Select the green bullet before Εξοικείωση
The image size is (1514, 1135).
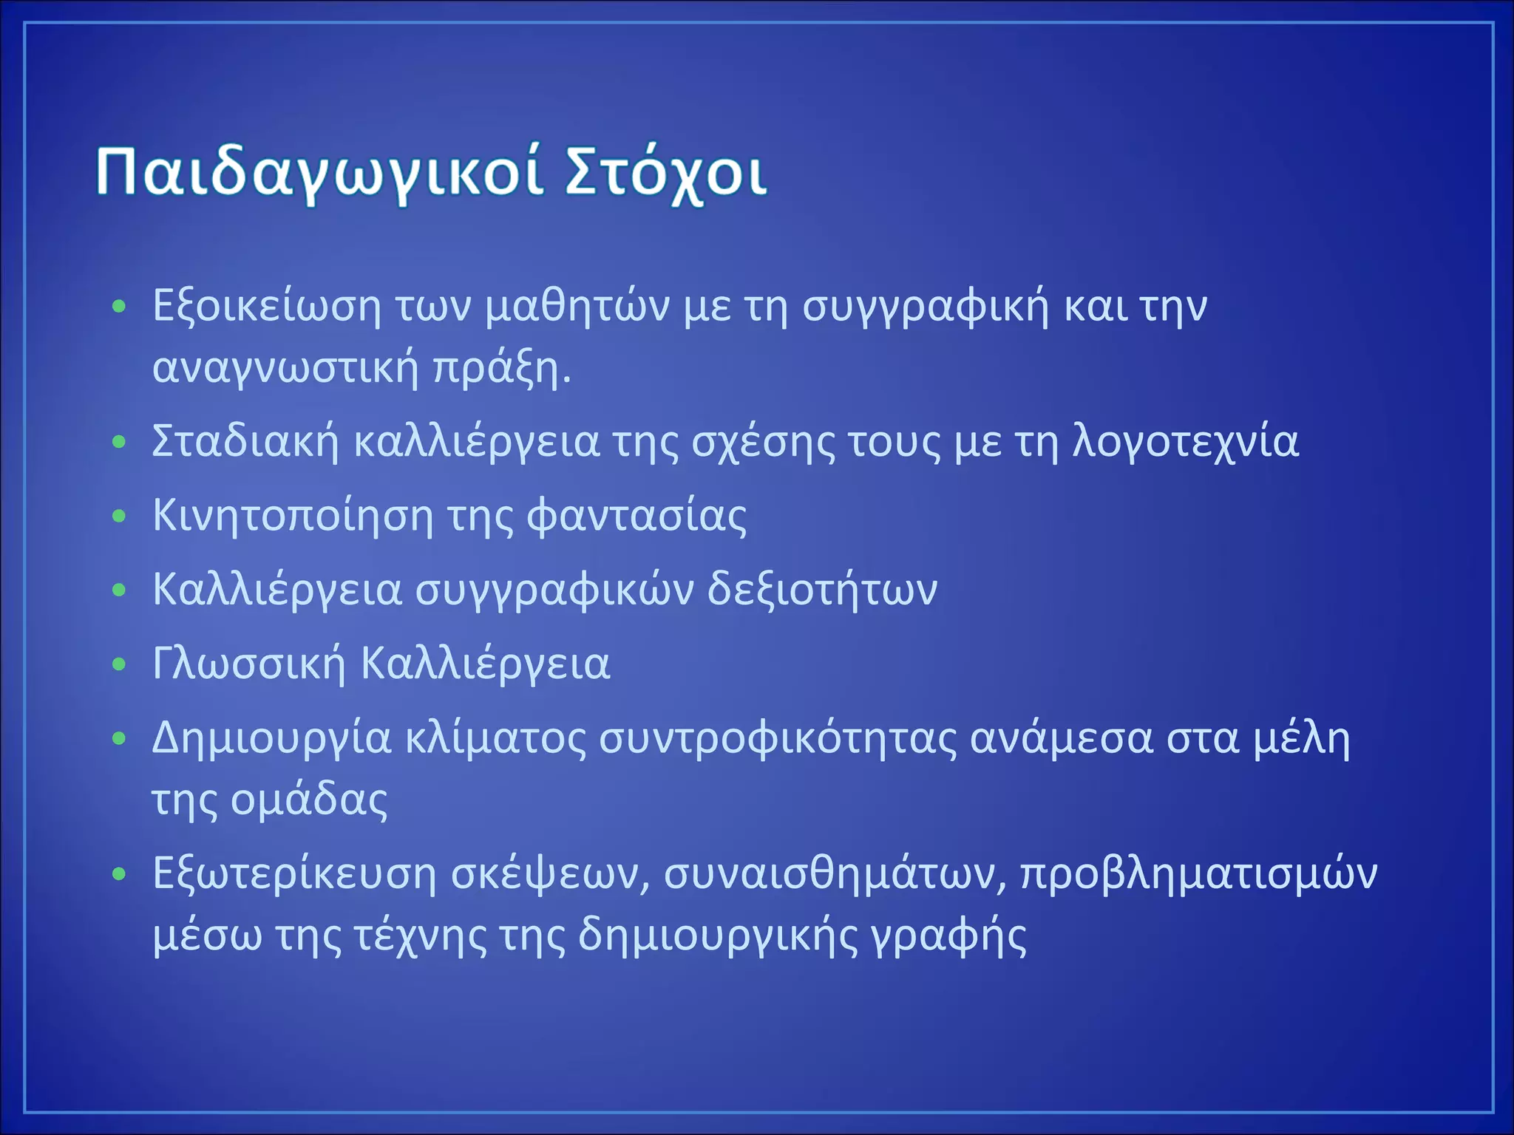point(119,306)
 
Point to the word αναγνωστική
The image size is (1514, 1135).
point(285,367)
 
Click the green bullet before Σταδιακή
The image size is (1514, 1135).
point(119,442)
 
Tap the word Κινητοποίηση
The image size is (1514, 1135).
point(292,516)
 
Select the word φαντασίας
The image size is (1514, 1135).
point(637,516)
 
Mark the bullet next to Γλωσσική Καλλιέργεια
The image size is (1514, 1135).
point(119,664)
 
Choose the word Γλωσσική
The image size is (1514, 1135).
point(248,664)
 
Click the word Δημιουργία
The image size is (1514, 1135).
point(271,738)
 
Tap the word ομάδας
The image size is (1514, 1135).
point(309,800)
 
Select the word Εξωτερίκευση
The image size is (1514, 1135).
point(294,874)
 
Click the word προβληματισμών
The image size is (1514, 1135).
point(1198,874)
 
